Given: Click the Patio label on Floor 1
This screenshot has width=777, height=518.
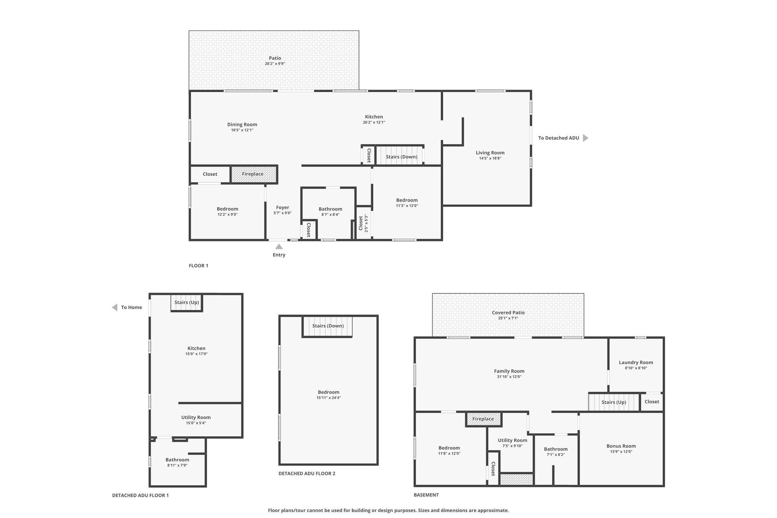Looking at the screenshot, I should [x=275, y=58].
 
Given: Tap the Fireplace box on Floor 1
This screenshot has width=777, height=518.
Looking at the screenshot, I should [x=253, y=174].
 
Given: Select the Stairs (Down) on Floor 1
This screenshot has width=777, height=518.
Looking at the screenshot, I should [x=401, y=157].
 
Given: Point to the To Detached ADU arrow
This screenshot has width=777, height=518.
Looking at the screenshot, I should [x=585, y=138].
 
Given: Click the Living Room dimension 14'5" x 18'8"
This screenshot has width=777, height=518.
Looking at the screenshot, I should [x=490, y=158].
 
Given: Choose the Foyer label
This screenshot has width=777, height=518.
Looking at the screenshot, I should [x=283, y=208].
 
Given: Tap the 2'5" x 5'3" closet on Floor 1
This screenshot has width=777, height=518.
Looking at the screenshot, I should [x=363, y=223].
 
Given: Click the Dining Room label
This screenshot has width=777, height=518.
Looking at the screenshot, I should [x=242, y=124].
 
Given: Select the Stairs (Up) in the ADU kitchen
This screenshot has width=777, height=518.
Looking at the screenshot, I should [x=186, y=303].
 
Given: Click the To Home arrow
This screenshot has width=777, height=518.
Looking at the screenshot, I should [x=115, y=307].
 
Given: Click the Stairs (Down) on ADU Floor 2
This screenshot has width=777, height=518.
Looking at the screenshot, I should [x=328, y=326].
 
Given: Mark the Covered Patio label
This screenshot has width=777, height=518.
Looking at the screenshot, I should [x=508, y=313].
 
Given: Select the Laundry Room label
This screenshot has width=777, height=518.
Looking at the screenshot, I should [x=636, y=362].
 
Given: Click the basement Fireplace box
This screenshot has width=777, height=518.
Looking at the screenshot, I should [x=483, y=419].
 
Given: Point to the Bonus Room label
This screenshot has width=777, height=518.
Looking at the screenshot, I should [x=621, y=446].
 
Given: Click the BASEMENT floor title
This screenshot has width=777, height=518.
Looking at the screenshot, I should [x=426, y=495].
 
